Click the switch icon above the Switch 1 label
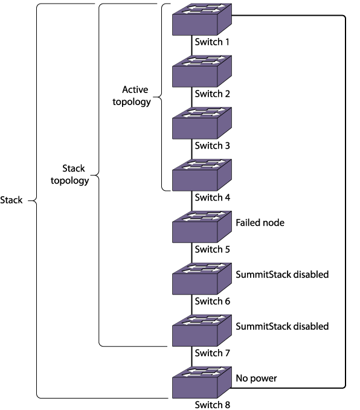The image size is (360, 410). click(x=201, y=20)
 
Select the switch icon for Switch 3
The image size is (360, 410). click(x=201, y=123)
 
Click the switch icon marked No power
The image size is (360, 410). click(x=201, y=382)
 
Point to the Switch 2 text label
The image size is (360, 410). click(x=212, y=94)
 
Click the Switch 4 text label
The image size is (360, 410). click(x=212, y=197)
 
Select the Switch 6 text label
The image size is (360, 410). click(x=212, y=301)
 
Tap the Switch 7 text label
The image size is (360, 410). click(x=212, y=352)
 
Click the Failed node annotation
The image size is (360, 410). click(x=260, y=223)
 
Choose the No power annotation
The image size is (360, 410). click(x=257, y=379)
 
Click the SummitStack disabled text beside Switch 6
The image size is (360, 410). click(x=282, y=275)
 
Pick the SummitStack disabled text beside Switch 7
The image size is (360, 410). click(x=282, y=326)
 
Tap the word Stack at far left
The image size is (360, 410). click(x=12, y=200)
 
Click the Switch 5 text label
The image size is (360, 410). click(x=212, y=249)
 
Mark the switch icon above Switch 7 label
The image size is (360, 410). click(x=201, y=330)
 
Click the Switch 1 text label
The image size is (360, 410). click(x=212, y=42)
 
